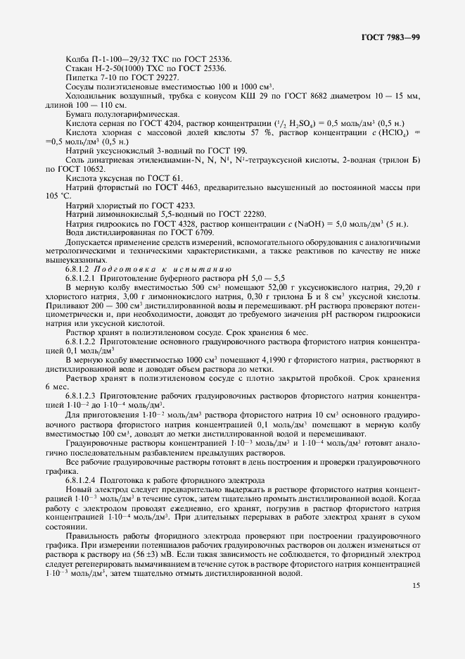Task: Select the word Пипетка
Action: [81, 76]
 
